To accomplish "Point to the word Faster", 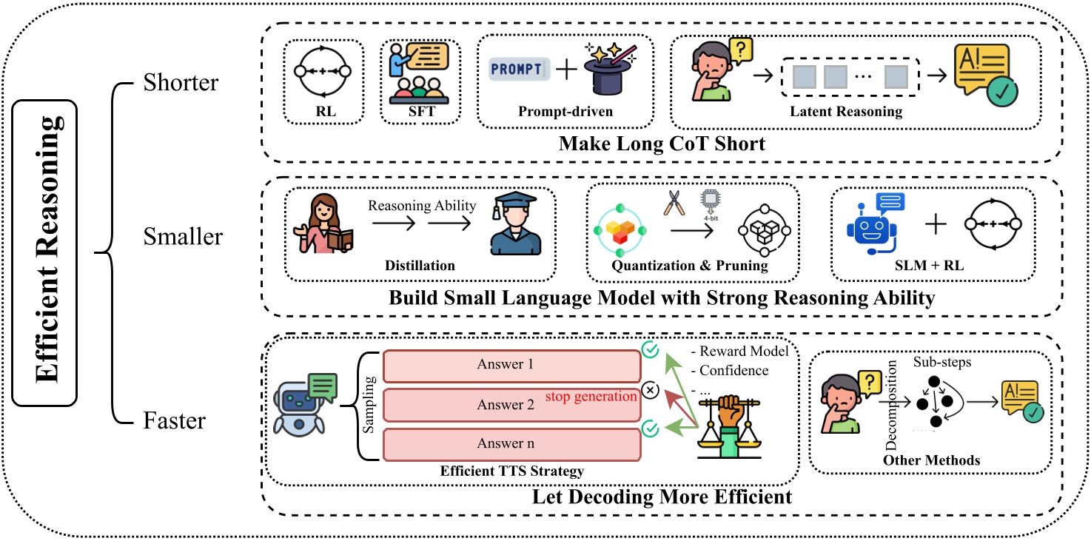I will [175, 422].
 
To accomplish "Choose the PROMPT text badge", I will [520, 69].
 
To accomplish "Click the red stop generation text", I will [591, 397].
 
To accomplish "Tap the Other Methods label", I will [931, 460].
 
